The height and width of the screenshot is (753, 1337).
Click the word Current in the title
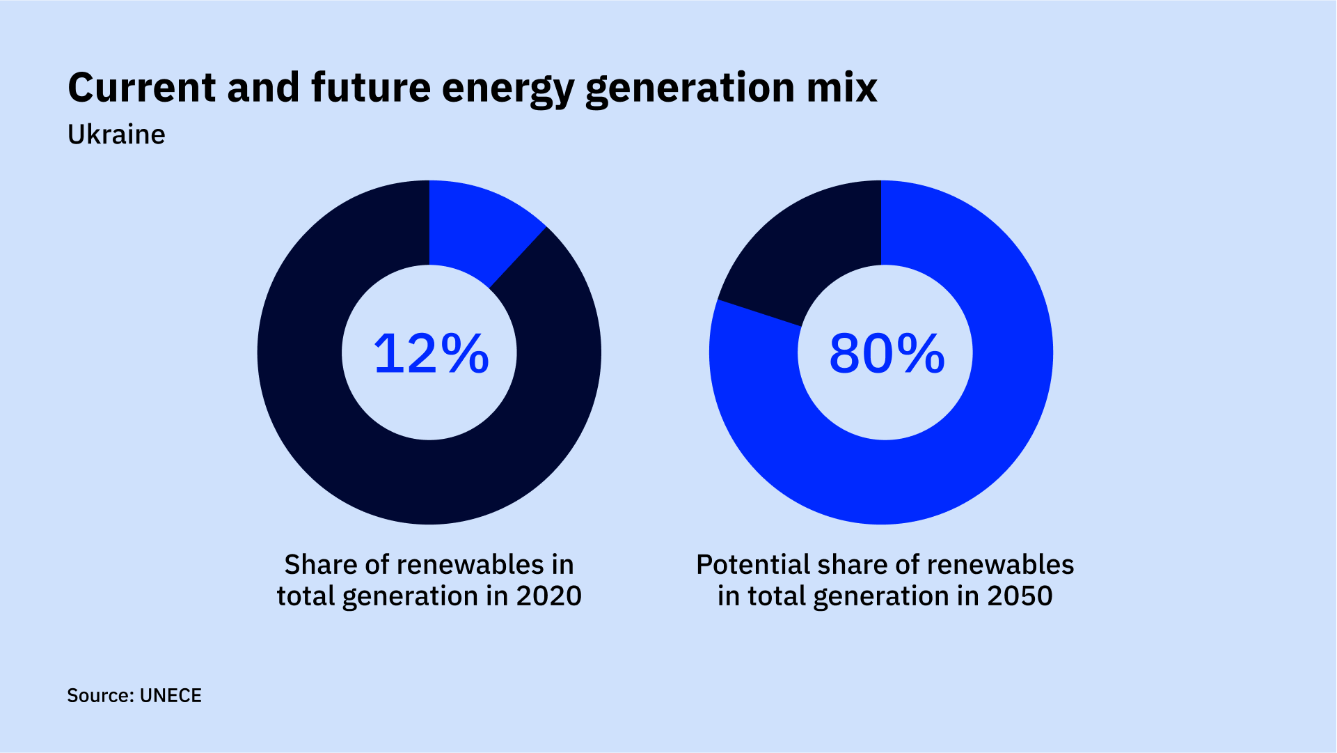pos(142,88)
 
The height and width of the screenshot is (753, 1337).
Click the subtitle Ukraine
pos(116,134)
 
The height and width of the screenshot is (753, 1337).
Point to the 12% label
pos(431,354)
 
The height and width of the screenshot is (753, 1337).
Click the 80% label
pos(886,354)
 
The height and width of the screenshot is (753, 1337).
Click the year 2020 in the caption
pos(548,596)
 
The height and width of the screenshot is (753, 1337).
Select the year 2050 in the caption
pos(1020,596)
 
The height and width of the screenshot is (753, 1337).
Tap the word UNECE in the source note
pos(171,696)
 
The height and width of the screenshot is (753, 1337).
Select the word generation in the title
pos(690,89)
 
